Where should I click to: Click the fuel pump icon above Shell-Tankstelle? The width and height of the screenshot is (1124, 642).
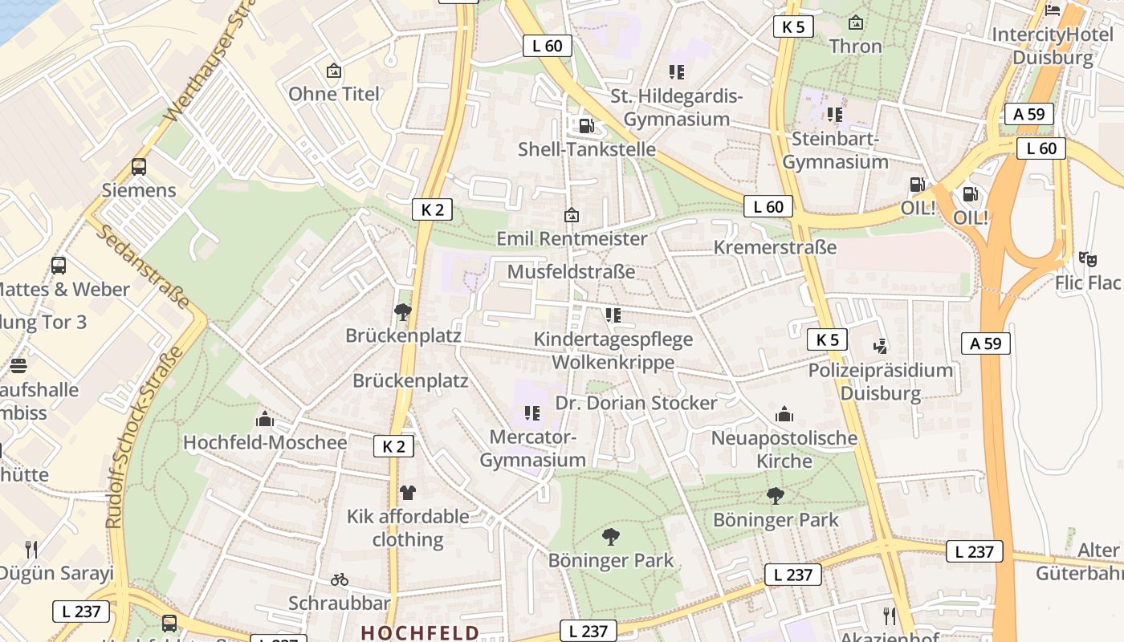click(x=587, y=125)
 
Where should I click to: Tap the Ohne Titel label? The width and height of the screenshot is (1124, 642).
click(x=334, y=94)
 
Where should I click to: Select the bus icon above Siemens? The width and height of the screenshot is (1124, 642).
click(x=139, y=167)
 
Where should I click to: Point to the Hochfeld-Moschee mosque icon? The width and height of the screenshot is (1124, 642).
click(x=264, y=419)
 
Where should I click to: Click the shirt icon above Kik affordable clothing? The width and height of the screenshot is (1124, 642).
click(x=408, y=492)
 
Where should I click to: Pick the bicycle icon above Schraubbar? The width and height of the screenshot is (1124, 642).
click(x=340, y=579)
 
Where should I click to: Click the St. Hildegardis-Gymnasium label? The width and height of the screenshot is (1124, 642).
click(x=677, y=108)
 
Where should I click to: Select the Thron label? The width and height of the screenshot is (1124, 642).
click(x=856, y=46)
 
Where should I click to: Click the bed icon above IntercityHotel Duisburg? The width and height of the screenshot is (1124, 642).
click(x=1053, y=10)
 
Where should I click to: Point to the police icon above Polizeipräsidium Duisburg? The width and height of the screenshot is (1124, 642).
click(x=881, y=346)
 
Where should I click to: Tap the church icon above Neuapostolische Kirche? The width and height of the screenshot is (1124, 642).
click(x=784, y=414)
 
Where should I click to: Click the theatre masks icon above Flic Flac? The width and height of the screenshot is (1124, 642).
click(x=1088, y=258)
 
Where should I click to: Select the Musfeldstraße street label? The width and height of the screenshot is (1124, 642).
click(x=571, y=271)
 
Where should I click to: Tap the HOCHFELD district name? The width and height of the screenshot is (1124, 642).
click(x=420, y=632)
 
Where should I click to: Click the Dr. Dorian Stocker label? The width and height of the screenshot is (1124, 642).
click(x=636, y=402)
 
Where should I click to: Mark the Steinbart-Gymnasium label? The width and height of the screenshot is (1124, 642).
click(x=835, y=150)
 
